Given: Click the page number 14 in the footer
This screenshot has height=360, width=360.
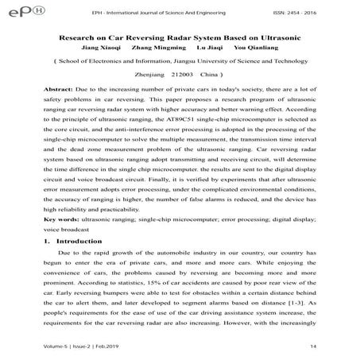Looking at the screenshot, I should pos(337,346).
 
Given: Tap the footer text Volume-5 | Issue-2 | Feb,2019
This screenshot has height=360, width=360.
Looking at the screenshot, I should pos(75,346).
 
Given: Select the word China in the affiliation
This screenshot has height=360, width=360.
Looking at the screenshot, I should pos(222,72).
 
